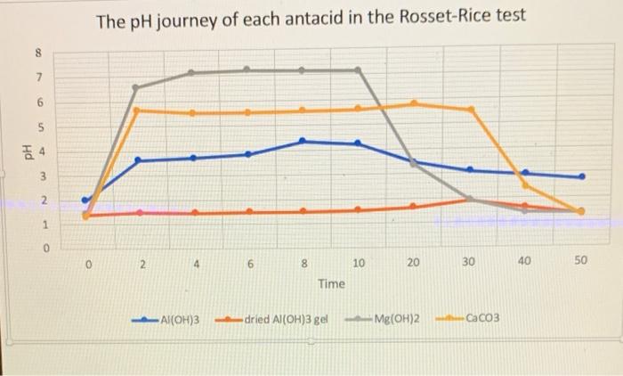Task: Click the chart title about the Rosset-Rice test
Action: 311,17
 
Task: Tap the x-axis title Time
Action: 331,283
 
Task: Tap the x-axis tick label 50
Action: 580,263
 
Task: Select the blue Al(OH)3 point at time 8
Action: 303,141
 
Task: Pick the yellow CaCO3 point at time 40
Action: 525,185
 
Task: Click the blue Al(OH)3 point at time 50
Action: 582,176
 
